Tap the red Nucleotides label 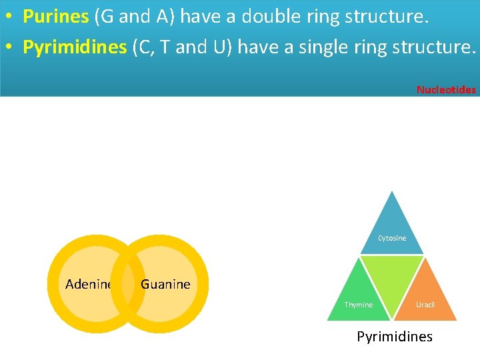[x=446, y=89]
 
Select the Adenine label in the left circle [x=89, y=285]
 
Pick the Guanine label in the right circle [x=166, y=285]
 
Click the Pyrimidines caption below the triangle [x=395, y=337]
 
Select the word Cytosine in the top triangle [x=392, y=238]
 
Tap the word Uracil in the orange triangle [x=425, y=305]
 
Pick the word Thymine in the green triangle [x=359, y=305]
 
